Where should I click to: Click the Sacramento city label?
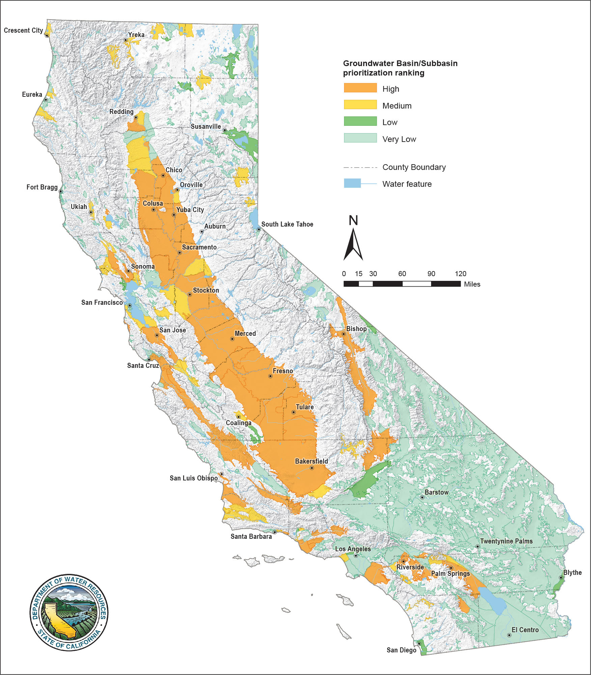click(199, 247)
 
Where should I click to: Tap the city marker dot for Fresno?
click(270, 376)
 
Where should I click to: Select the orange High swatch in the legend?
click(360, 88)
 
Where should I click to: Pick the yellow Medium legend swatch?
click(360, 105)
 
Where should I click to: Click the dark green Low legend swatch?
click(360, 121)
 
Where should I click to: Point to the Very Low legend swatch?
click(360, 138)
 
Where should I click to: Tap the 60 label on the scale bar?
click(402, 274)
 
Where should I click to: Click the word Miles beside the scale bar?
click(472, 284)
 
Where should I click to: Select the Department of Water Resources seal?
click(69, 613)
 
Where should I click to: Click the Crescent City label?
click(23, 30)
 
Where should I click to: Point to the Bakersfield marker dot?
click(312, 468)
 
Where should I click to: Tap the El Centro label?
click(525, 630)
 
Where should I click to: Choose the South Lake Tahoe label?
click(287, 224)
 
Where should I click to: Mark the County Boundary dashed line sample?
click(360, 167)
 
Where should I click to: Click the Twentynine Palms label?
click(506, 541)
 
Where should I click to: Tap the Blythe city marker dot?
click(561, 578)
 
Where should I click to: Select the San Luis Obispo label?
click(194, 478)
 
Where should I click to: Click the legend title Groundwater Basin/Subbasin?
click(400, 63)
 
